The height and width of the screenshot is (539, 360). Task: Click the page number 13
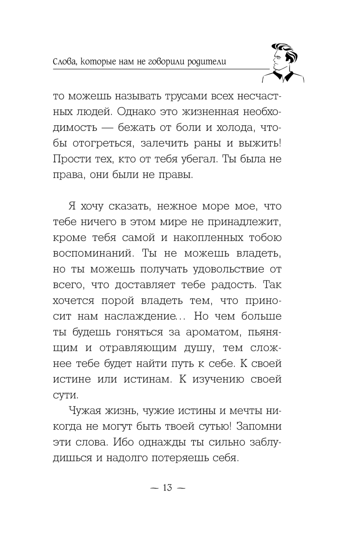(x=167, y=488)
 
